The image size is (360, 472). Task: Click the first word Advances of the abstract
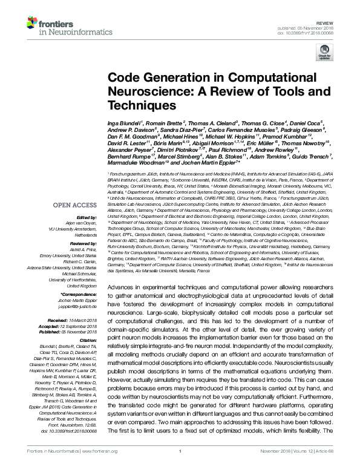pyautogui.click(x=120, y=285)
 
